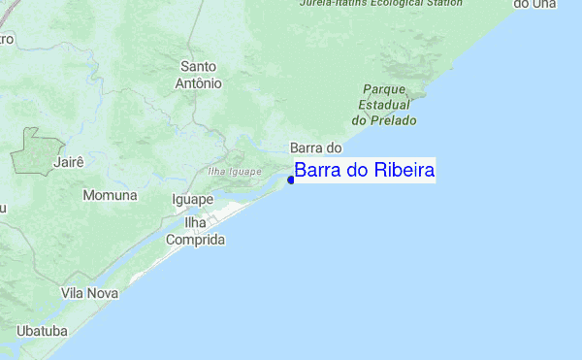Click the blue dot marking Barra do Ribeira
coord(291,180)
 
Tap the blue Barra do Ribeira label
coord(365,171)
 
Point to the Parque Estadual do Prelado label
coord(385,104)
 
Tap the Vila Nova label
coord(89,292)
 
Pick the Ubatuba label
coord(42,331)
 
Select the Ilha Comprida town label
coord(196,231)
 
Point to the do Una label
coord(534,4)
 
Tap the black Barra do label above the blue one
coord(317,147)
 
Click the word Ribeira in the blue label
coord(404,171)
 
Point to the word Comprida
coord(196,240)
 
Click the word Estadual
coord(385,104)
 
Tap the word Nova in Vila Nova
coord(102,292)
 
